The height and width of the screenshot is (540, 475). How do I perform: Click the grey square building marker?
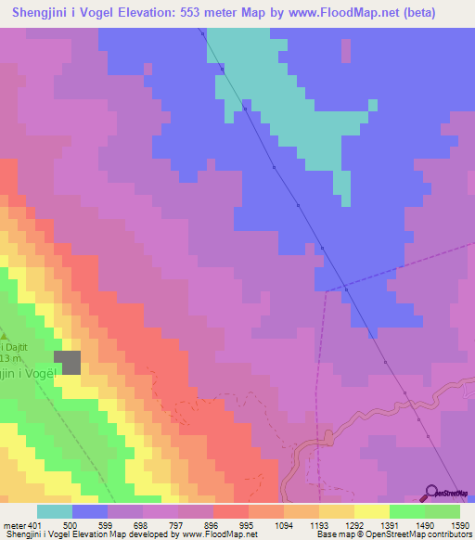[67, 363]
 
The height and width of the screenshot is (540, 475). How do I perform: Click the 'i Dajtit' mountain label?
[13, 345]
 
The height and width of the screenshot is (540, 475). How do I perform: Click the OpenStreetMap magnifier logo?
[431, 493]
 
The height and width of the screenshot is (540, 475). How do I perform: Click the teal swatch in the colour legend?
[55, 511]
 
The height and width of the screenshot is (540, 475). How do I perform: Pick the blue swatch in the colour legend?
[90, 511]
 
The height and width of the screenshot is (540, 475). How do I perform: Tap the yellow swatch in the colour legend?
[371, 511]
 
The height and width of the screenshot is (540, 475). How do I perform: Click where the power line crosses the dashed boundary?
[344, 286]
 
